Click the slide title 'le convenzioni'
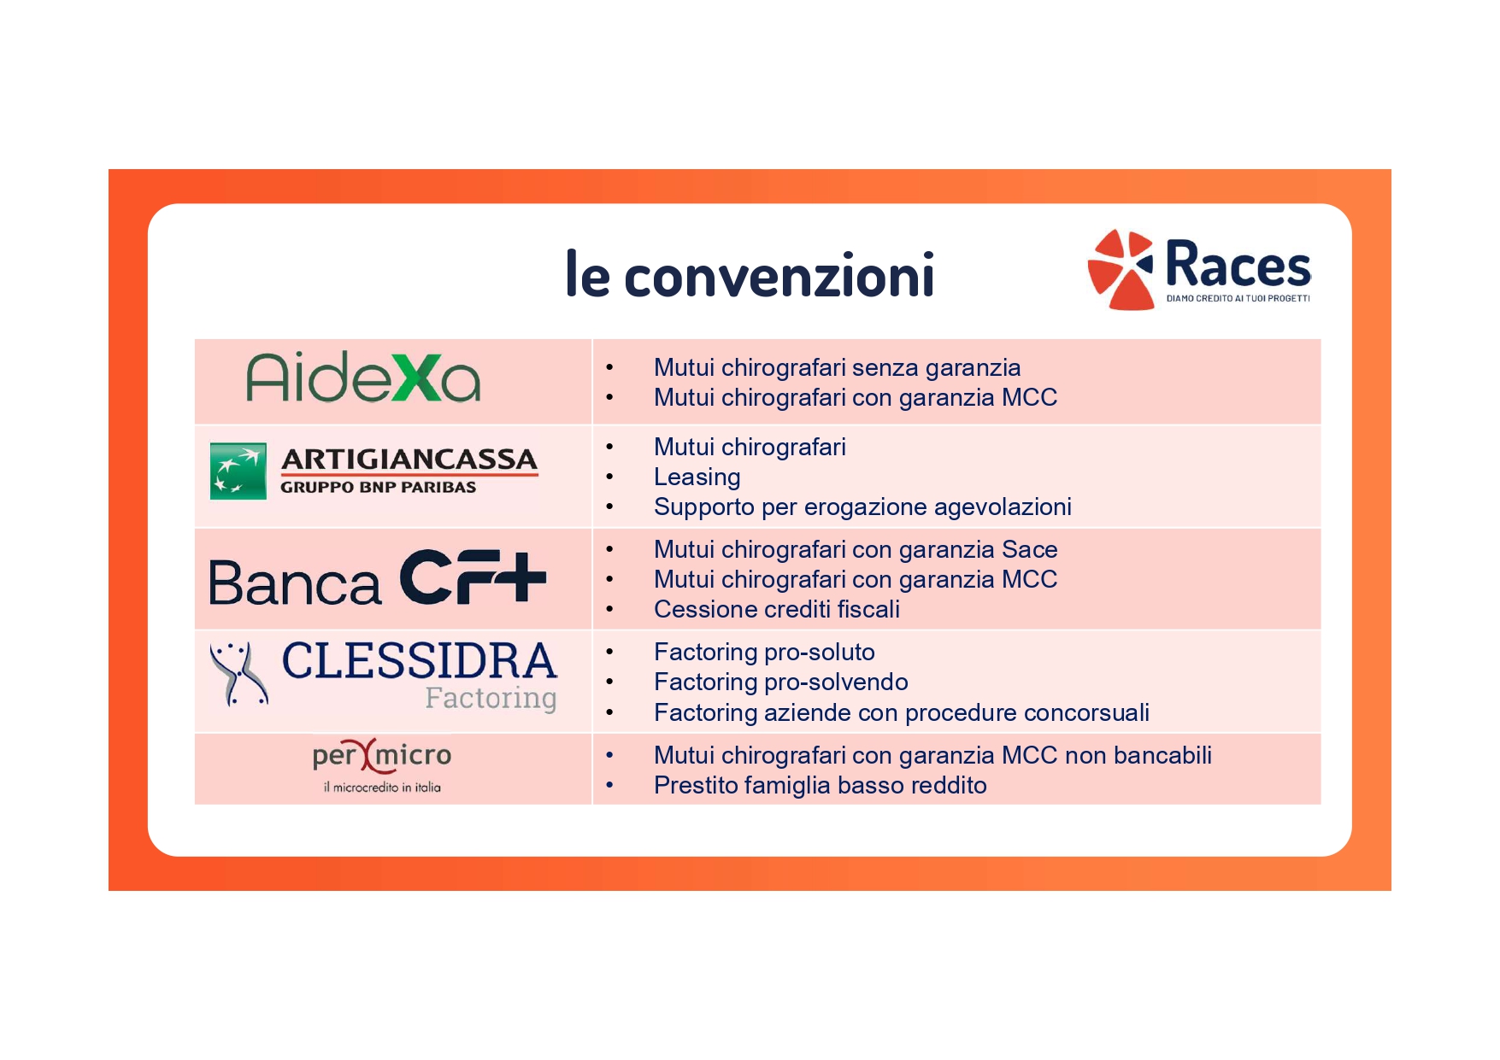point(750,274)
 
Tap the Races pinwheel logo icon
point(1121,269)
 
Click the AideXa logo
point(363,378)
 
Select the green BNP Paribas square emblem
point(238,471)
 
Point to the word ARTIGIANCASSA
point(409,460)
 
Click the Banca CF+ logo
point(378,578)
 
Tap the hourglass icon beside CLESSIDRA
point(239,674)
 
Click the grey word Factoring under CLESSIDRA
point(491,699)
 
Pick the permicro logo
point(382,755)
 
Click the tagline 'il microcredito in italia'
point(382,788)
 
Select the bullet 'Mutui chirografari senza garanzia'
point(838,368)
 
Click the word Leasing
point(697,477)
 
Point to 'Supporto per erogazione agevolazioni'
point(862,507)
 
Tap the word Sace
point(1030,549)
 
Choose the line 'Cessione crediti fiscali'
point(777,609)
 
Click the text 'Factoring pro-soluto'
point(764,653)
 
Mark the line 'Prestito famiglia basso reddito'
point(821,786)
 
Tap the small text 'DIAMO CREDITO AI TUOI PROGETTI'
point(1238,298)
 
